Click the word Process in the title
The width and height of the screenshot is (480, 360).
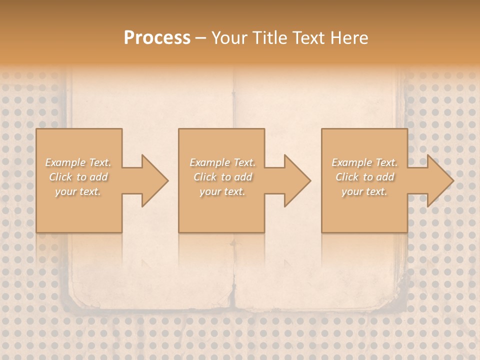coord(157,38)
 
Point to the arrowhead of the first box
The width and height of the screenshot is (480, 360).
coord(153,180)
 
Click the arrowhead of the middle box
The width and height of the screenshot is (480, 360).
coord(295,180)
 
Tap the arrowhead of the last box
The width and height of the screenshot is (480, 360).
coord(438,180)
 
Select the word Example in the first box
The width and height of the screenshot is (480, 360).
coord(64,162)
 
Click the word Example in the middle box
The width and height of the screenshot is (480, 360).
coord(209,162)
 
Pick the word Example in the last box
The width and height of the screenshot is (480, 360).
coord(351,162)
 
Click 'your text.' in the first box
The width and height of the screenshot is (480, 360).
coord(78,192)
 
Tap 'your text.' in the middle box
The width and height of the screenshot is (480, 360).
coord(222,192)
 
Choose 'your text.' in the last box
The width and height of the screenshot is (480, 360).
coord(364,192)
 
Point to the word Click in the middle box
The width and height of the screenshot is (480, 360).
coord(204,177)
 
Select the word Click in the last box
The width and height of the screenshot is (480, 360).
coord(346,177)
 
